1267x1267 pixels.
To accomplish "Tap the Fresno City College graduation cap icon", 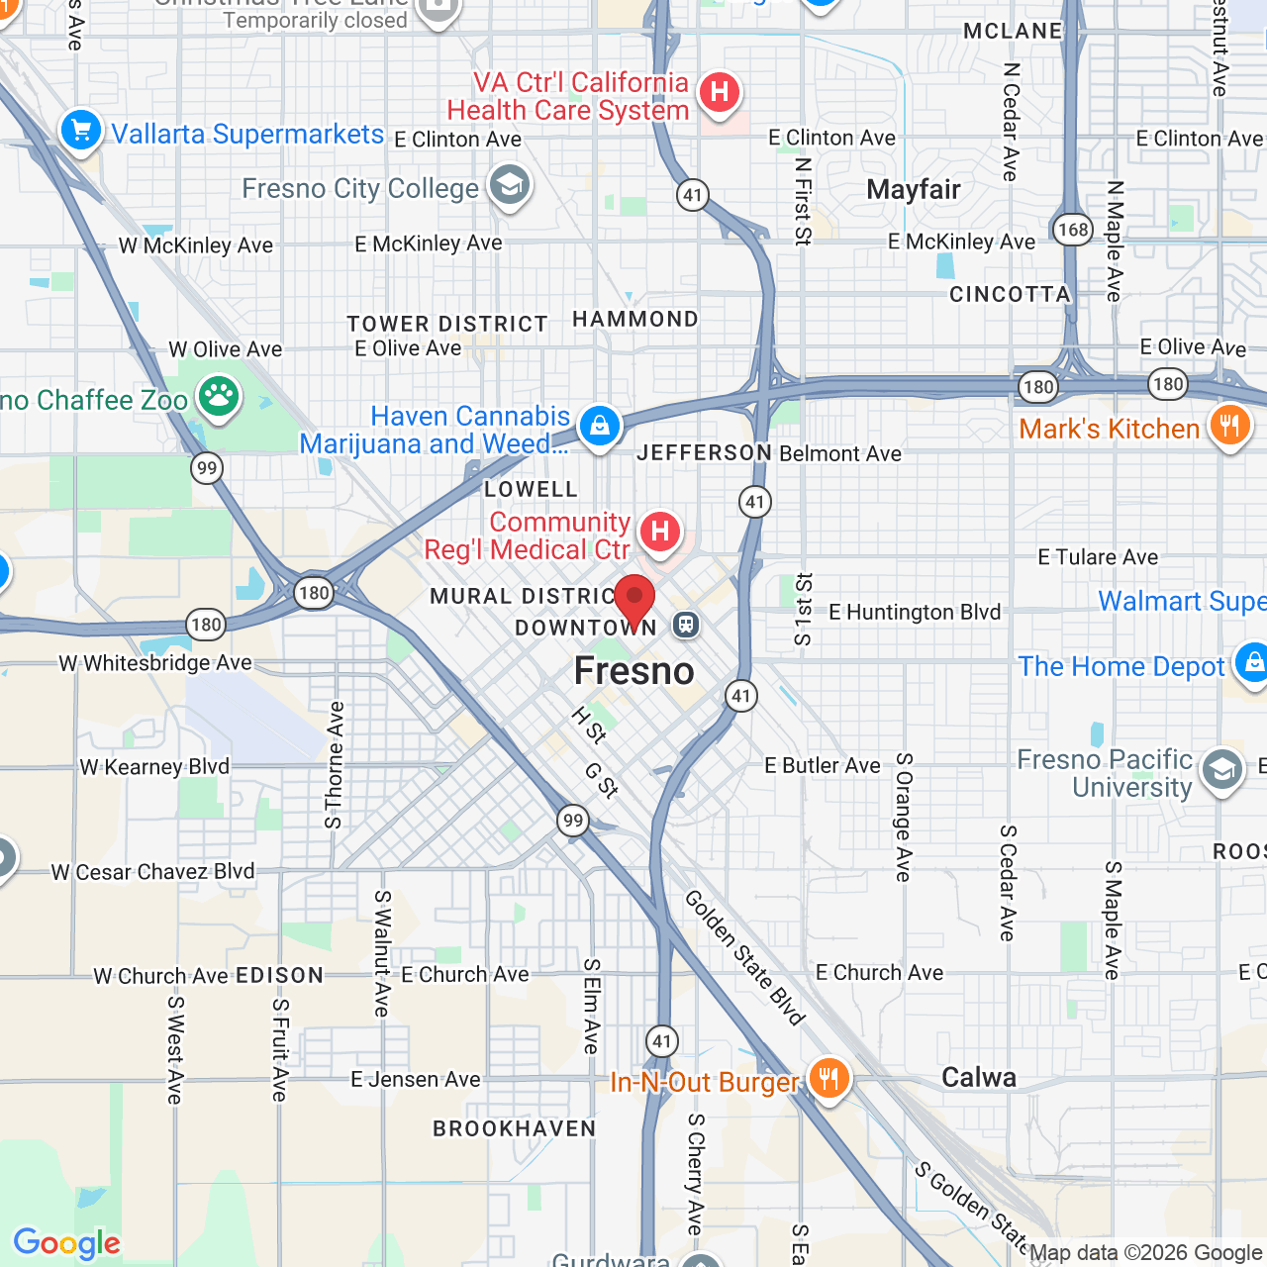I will click(x=510, y=185).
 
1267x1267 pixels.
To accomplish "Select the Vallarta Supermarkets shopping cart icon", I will click(x=81, y=130).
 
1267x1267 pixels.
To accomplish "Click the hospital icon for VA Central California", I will click(x=719, y=93).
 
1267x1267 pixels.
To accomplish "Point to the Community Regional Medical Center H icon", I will click(x=659, y=532).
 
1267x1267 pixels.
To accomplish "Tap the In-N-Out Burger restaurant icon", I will click(x=829, y=1077).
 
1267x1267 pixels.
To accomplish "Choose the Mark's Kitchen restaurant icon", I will click(x=1229, y=426).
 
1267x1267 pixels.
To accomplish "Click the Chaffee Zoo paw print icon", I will click(x=219, y=397).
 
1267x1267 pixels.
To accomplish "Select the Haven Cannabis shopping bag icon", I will click(x=599, y=427).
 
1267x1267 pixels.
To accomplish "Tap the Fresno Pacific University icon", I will click(x=1222, y=769).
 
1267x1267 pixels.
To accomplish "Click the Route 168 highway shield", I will click(x=1073, y=230).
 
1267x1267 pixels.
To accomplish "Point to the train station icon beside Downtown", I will click(x=686, y=625).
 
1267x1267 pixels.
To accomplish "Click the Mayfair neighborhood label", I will click(x=914, y=189).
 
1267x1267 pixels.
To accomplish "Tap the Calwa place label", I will click(x=979, y=1078).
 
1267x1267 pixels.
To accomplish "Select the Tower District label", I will click(x=447, y=324).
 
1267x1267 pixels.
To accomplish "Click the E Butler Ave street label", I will click(x=823, y=765).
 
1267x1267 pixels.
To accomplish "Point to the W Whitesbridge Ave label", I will click(x=155, y=663).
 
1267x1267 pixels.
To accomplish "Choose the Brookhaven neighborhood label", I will click(x=515, y=1128).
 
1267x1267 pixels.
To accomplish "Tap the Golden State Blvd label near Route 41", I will click(x=744, y=956).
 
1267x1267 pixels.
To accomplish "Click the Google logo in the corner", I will click(x=66, y=1243).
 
